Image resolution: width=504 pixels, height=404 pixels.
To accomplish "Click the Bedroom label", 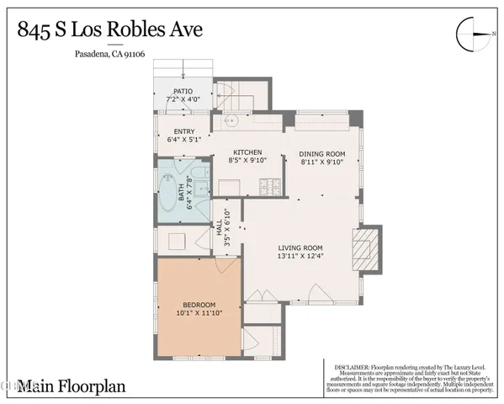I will click(x=199, y=304).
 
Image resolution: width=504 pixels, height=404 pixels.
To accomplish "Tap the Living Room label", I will click(x=300, y=247).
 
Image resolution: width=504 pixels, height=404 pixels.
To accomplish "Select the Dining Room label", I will click(x=323, y=153).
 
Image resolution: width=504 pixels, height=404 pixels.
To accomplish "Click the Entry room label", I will click(x=184, y=131).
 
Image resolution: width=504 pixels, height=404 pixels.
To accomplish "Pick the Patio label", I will click(x=183, y=91).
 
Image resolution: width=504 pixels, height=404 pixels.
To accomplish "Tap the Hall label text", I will click(x=220, y=226).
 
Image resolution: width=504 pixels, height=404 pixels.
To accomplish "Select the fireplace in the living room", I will click(x=364, y=251).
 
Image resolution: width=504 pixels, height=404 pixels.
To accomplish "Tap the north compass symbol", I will click(x=472, y=34).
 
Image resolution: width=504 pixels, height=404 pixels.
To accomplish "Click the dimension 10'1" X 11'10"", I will click(x=199, y=314).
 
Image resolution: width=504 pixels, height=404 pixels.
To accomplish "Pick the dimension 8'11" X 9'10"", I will click(x=323, y=163).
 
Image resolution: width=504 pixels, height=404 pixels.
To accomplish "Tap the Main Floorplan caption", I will click(x=57, y=385).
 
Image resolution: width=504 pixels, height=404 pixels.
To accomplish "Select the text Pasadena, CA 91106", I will click(x=101, y=57).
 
